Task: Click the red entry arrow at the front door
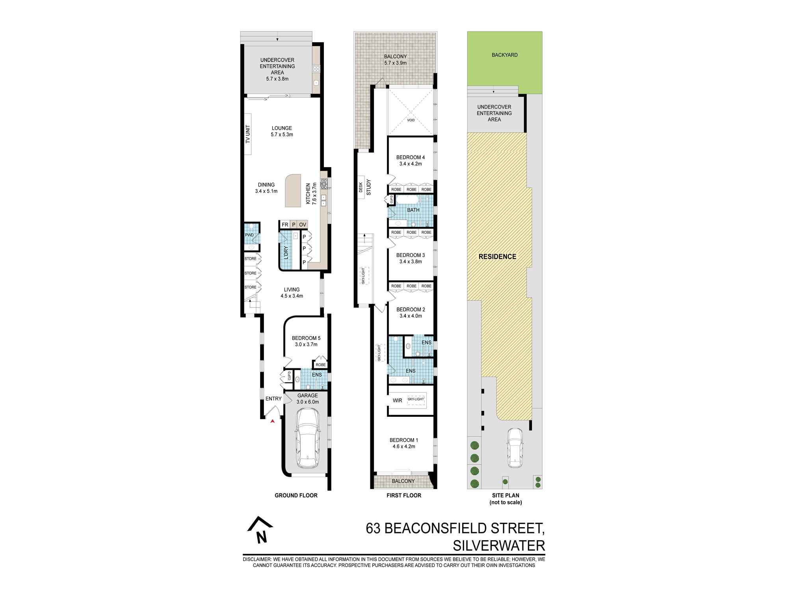point(272,422)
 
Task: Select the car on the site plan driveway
point(515,448)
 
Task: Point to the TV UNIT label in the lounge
point(248,134)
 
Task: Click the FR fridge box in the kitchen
point(284,225)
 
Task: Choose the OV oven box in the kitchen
point(303,225)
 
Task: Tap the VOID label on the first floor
point(411,120)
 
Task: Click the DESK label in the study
point(361,188)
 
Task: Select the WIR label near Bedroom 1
point(397,401)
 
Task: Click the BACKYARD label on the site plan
point(505,55)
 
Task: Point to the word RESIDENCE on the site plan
point(497,256)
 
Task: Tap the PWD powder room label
point(249,235)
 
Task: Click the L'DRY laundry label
point(286,252)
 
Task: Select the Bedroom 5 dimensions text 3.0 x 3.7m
point(306,344)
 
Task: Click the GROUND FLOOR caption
point(296,496)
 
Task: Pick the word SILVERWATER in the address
point(499,546)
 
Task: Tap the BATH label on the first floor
point(413,210)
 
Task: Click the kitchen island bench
point(292,191)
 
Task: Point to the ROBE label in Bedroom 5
point(321,365)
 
